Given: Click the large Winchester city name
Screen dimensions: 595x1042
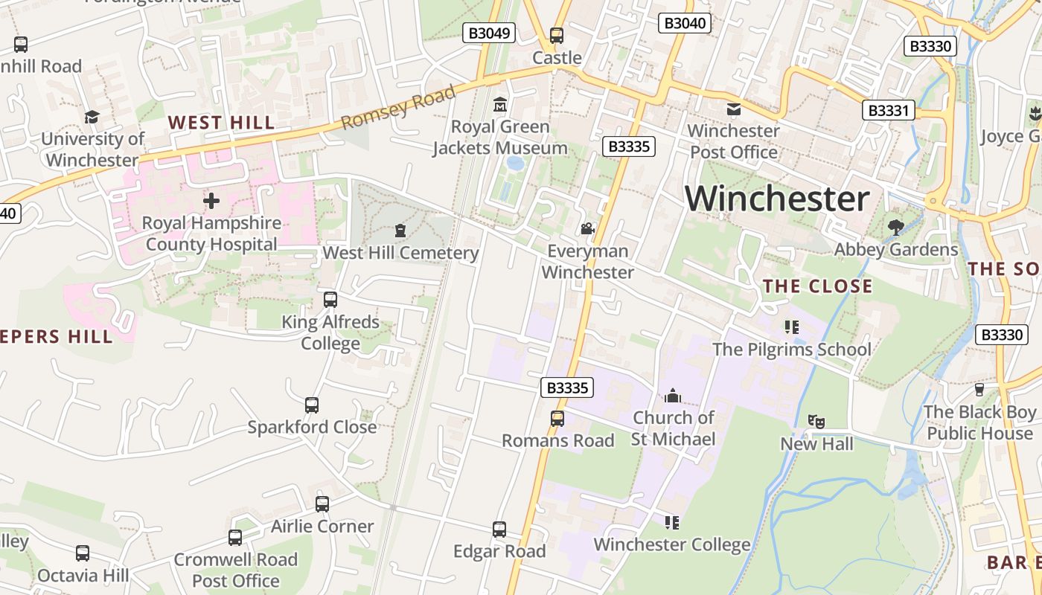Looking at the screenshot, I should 777,199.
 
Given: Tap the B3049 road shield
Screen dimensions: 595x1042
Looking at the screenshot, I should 488,33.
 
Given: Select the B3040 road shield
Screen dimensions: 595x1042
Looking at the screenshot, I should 684,23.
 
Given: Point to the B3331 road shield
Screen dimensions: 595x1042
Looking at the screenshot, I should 889,111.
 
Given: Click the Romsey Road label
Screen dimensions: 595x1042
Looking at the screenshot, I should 398,108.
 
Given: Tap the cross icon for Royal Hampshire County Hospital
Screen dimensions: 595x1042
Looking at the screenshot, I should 211,201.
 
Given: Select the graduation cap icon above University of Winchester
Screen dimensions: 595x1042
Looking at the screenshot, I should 92,118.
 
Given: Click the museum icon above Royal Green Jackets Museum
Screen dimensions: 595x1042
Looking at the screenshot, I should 500,104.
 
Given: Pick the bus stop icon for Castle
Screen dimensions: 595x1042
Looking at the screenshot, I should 557,35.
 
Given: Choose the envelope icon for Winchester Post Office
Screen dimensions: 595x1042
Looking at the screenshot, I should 733,109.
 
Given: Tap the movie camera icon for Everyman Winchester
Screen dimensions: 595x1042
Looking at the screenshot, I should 587,228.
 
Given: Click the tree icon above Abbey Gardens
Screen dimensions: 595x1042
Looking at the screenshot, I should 896,227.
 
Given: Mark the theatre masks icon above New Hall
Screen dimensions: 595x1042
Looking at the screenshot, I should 816,422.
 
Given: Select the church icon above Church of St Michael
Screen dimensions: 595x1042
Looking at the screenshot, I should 673,395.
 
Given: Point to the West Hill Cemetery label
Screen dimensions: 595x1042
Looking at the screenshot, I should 400,253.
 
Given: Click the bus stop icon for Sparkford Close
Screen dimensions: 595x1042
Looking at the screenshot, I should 312,405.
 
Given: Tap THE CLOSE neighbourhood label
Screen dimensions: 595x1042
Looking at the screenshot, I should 817,286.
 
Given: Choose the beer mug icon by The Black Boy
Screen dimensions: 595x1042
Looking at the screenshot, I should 979,390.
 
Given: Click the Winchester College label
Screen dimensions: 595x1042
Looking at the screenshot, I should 671,545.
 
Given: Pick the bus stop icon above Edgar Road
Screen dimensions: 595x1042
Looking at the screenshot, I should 499,530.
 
